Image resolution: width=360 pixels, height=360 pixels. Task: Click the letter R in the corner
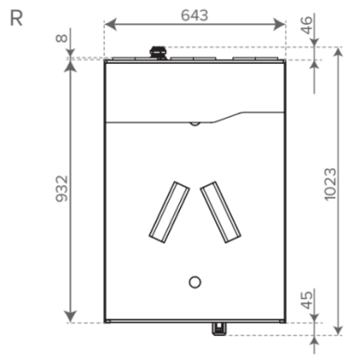(x=16, y=19)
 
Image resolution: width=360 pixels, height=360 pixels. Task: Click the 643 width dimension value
(x=195, y=15)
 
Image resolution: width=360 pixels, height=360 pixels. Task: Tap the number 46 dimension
(x=306, y=25)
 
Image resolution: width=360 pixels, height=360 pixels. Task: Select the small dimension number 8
(x=61, y=38)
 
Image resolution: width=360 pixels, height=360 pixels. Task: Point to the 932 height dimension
(x=61, y=188)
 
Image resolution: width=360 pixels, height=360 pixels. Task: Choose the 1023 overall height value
(x=330, y=184)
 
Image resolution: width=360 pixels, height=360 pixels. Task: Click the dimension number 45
(x=306, y=300)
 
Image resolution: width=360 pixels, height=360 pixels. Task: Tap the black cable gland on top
(x=158, y=53)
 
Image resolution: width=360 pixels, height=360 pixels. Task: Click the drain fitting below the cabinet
(x=219, y=328)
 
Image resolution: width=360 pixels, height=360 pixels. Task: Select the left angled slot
(x=169, y=212)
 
